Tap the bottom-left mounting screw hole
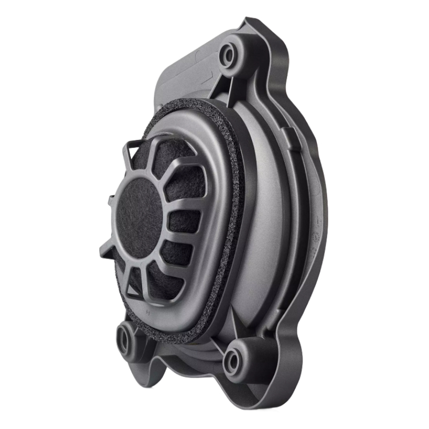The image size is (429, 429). coord(125,339)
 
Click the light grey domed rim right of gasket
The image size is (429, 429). coord(263,214)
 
